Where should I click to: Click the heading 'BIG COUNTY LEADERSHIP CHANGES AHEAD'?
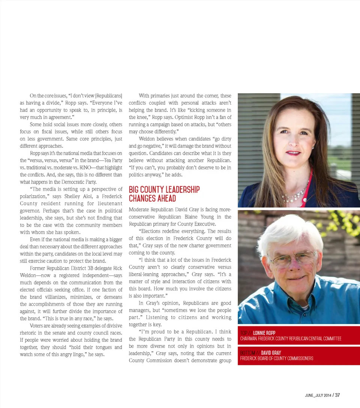(164, 194)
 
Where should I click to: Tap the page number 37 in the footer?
(337, 395)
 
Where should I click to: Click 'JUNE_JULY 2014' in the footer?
(318, 395)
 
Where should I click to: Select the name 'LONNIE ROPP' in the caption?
(264, 333)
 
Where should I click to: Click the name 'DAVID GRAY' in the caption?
(271, 353)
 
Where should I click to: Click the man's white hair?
(289, 230)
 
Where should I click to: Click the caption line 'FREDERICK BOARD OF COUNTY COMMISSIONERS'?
(277, 359)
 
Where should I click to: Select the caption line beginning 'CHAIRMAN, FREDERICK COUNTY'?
(291, 339)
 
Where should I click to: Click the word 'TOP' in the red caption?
(244, 333)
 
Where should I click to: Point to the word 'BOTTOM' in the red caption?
(247, 353)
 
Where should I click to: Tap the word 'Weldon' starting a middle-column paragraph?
(147, 139)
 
